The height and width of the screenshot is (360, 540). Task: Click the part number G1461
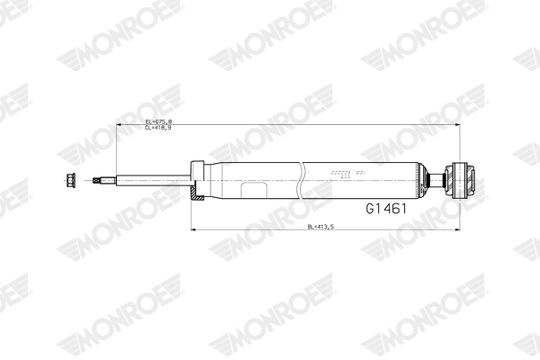click(x=386, y=209)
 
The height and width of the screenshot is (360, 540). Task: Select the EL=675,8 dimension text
click(x=158, y=121)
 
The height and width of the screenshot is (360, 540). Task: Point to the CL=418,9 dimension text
click(x=158, y=128)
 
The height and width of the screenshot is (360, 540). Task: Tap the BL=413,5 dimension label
click(x=320, y=227)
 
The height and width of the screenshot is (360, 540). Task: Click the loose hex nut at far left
click(x=70, y=181)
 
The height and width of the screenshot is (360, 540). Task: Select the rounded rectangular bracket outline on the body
click(x=254, y=191)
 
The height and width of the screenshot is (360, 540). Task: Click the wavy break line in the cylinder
click(x=301, y=180)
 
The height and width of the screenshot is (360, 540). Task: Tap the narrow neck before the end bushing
click(x=436, y=180)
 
